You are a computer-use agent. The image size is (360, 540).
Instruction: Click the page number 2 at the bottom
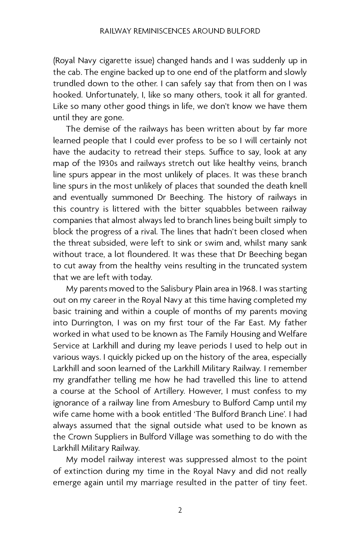pyautogui.click(x=180, y=510)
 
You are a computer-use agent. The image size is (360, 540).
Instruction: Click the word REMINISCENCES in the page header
pyautogui.click(x=160, y=31)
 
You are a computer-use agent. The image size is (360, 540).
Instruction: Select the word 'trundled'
pyautogui.click(x=68, y=84)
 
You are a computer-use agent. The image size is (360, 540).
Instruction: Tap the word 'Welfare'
pyautogui.click(x=292, y=334)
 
